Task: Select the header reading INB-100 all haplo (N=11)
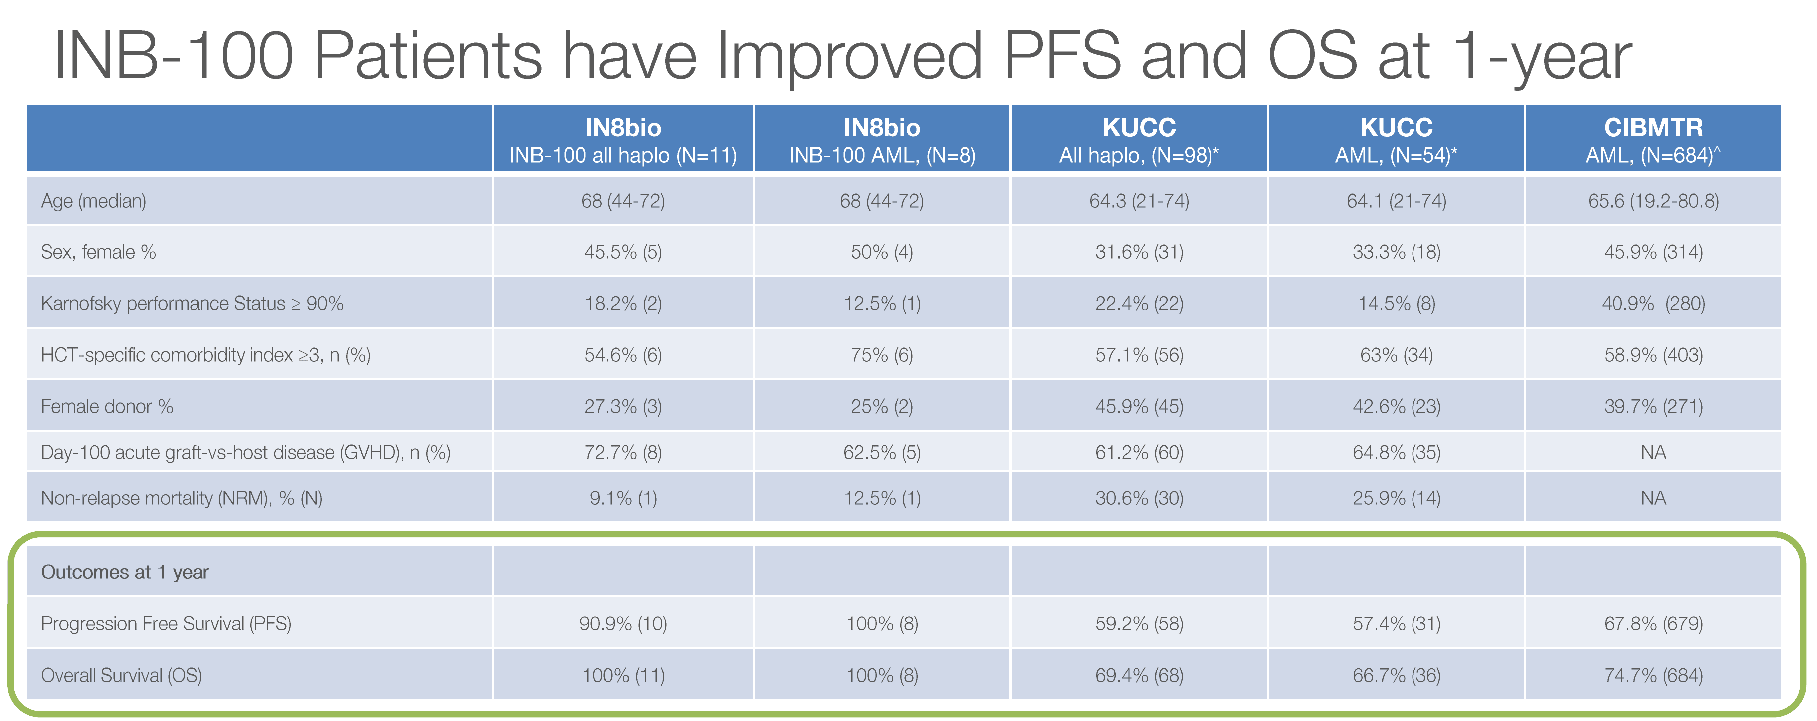(x=623, y=155)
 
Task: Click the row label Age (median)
(x=94, y=201)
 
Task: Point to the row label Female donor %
(x=107, y=406)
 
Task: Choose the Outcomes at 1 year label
(x=125, y=572)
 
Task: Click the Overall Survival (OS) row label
(x=121, y=675)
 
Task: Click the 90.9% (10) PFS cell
(x=623, y=624)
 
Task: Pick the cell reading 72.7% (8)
(x=623, y=452)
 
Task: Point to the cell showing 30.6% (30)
(x=1139, y=498)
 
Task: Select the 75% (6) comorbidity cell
(x=882, y=355)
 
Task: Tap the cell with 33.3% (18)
(x=1396, y=252)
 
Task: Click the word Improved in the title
(x=848, y=56)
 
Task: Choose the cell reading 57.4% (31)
(x=1396, y=624)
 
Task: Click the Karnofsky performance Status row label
(x=192, y=303)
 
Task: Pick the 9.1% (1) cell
(x=623, y=498)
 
